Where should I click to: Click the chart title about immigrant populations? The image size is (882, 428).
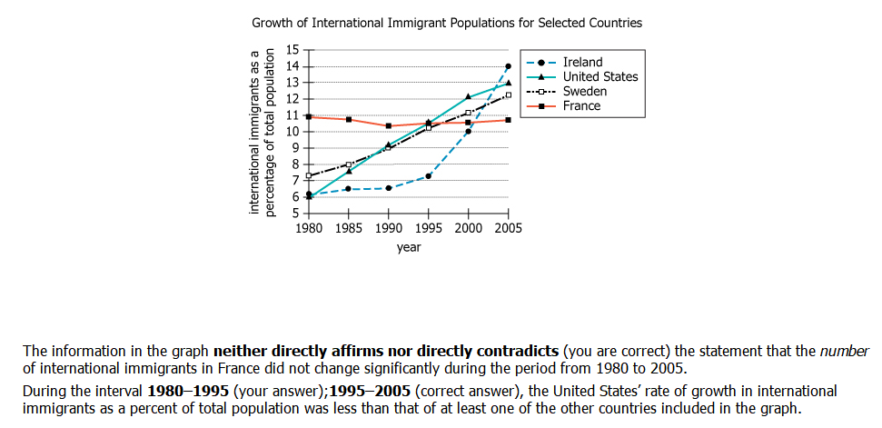point(446,22)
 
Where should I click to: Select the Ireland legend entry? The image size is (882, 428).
point(582,63)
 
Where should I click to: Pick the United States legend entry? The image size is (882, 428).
point(600,77)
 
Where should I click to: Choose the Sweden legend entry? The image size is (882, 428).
point(585,92)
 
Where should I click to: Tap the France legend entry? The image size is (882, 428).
point(581,106)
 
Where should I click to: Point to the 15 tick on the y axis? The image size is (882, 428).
point(292,50)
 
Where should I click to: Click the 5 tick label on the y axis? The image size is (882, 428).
point(295,214)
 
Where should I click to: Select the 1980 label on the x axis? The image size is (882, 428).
point(310,229)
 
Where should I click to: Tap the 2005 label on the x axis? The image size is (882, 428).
point(508,229)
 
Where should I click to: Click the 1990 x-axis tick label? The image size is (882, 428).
point(389,229)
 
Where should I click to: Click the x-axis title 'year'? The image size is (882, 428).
point(409,247)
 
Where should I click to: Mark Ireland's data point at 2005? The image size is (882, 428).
point(508,66)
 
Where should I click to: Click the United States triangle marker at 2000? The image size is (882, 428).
point(468,96)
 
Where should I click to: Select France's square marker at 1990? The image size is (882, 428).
point(389,125)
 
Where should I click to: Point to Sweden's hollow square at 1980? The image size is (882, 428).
point(309,175)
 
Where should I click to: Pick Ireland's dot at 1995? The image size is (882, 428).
point(428,175)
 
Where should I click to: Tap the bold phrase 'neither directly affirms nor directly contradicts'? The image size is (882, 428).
point(386,351)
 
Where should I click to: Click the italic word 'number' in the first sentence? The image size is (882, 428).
point(846,351)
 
